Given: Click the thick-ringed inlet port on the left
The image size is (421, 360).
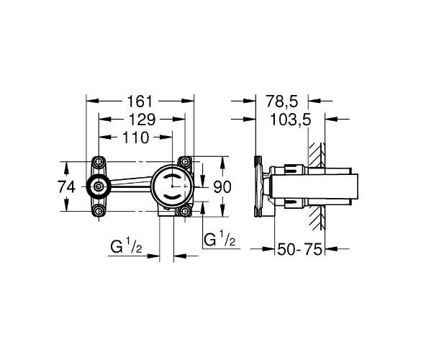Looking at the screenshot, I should (x=99, y=186).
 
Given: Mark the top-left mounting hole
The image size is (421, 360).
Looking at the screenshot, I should (x=99, y=161).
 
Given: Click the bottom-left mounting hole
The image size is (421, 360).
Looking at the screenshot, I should (x=99, y=211).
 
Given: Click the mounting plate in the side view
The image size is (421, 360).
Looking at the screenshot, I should (x=258, y=186).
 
